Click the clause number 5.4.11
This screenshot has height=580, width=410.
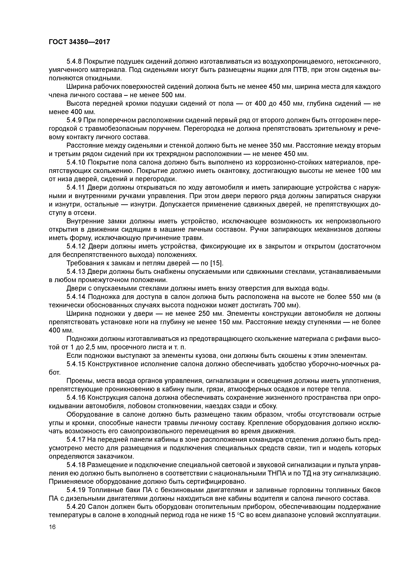coord(76,187)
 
